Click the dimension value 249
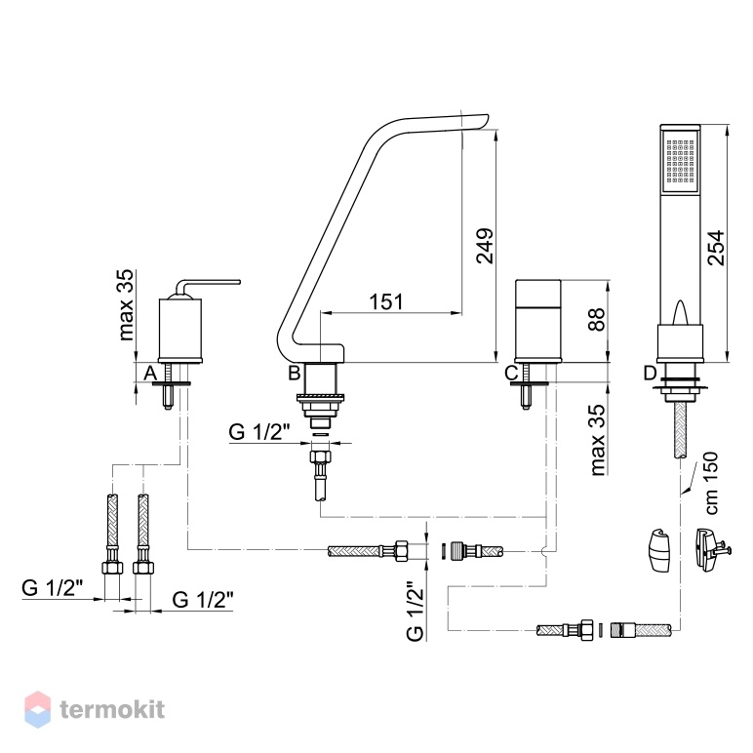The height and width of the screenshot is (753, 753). pyautogui.click(x=485, y=246)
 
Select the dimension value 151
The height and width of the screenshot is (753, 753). pyautogui.click(x=386, y=301)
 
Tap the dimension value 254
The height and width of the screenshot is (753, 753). pyautogui.click(x=716, y=248)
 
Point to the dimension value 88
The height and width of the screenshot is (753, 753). pyautogui.click(x=596, y=319)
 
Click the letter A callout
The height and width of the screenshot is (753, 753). pyautogui.click(x=150, y=373)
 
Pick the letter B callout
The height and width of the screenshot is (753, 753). pyautogui.click(x=294, y=373)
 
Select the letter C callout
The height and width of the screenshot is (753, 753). pyautogui.click(x=511, y=373)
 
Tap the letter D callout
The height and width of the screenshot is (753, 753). pyautogui.click(x=650, y=373)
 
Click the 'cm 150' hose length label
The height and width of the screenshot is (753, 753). pyautogui.click(x=712, y=483)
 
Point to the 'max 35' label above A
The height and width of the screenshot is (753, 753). pyautogui.click(x=126, y=305)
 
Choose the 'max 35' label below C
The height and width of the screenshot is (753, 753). pyautogui.click(x=598, y=440)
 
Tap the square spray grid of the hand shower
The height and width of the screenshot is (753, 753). pyautogui.click(x=680, y=162)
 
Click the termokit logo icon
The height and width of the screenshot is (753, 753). pyautogui.click(x=37, y=709)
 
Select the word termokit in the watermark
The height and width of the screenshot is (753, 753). pyautogui.click(x=112, y=710)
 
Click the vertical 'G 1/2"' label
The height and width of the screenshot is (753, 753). pyautogui.click(x=416, y=612)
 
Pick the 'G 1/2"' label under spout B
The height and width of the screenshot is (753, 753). pyautogui.click(x=259, y=432)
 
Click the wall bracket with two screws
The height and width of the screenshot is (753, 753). pyautogui.click(x=711, y=550)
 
